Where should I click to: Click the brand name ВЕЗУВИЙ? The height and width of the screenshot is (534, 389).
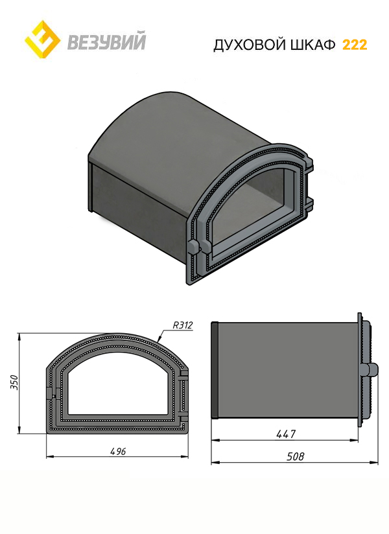(106, 41)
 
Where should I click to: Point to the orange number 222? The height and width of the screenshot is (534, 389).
(355, 45)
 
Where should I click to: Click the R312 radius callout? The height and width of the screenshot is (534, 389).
(183, 325)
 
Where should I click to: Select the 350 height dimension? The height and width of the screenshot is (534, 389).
(13, 382)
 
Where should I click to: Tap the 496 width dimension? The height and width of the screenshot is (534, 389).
(118, 451)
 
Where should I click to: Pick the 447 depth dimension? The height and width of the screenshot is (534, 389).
(286, 434)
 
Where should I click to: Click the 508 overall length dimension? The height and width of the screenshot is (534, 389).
(295, 456)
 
